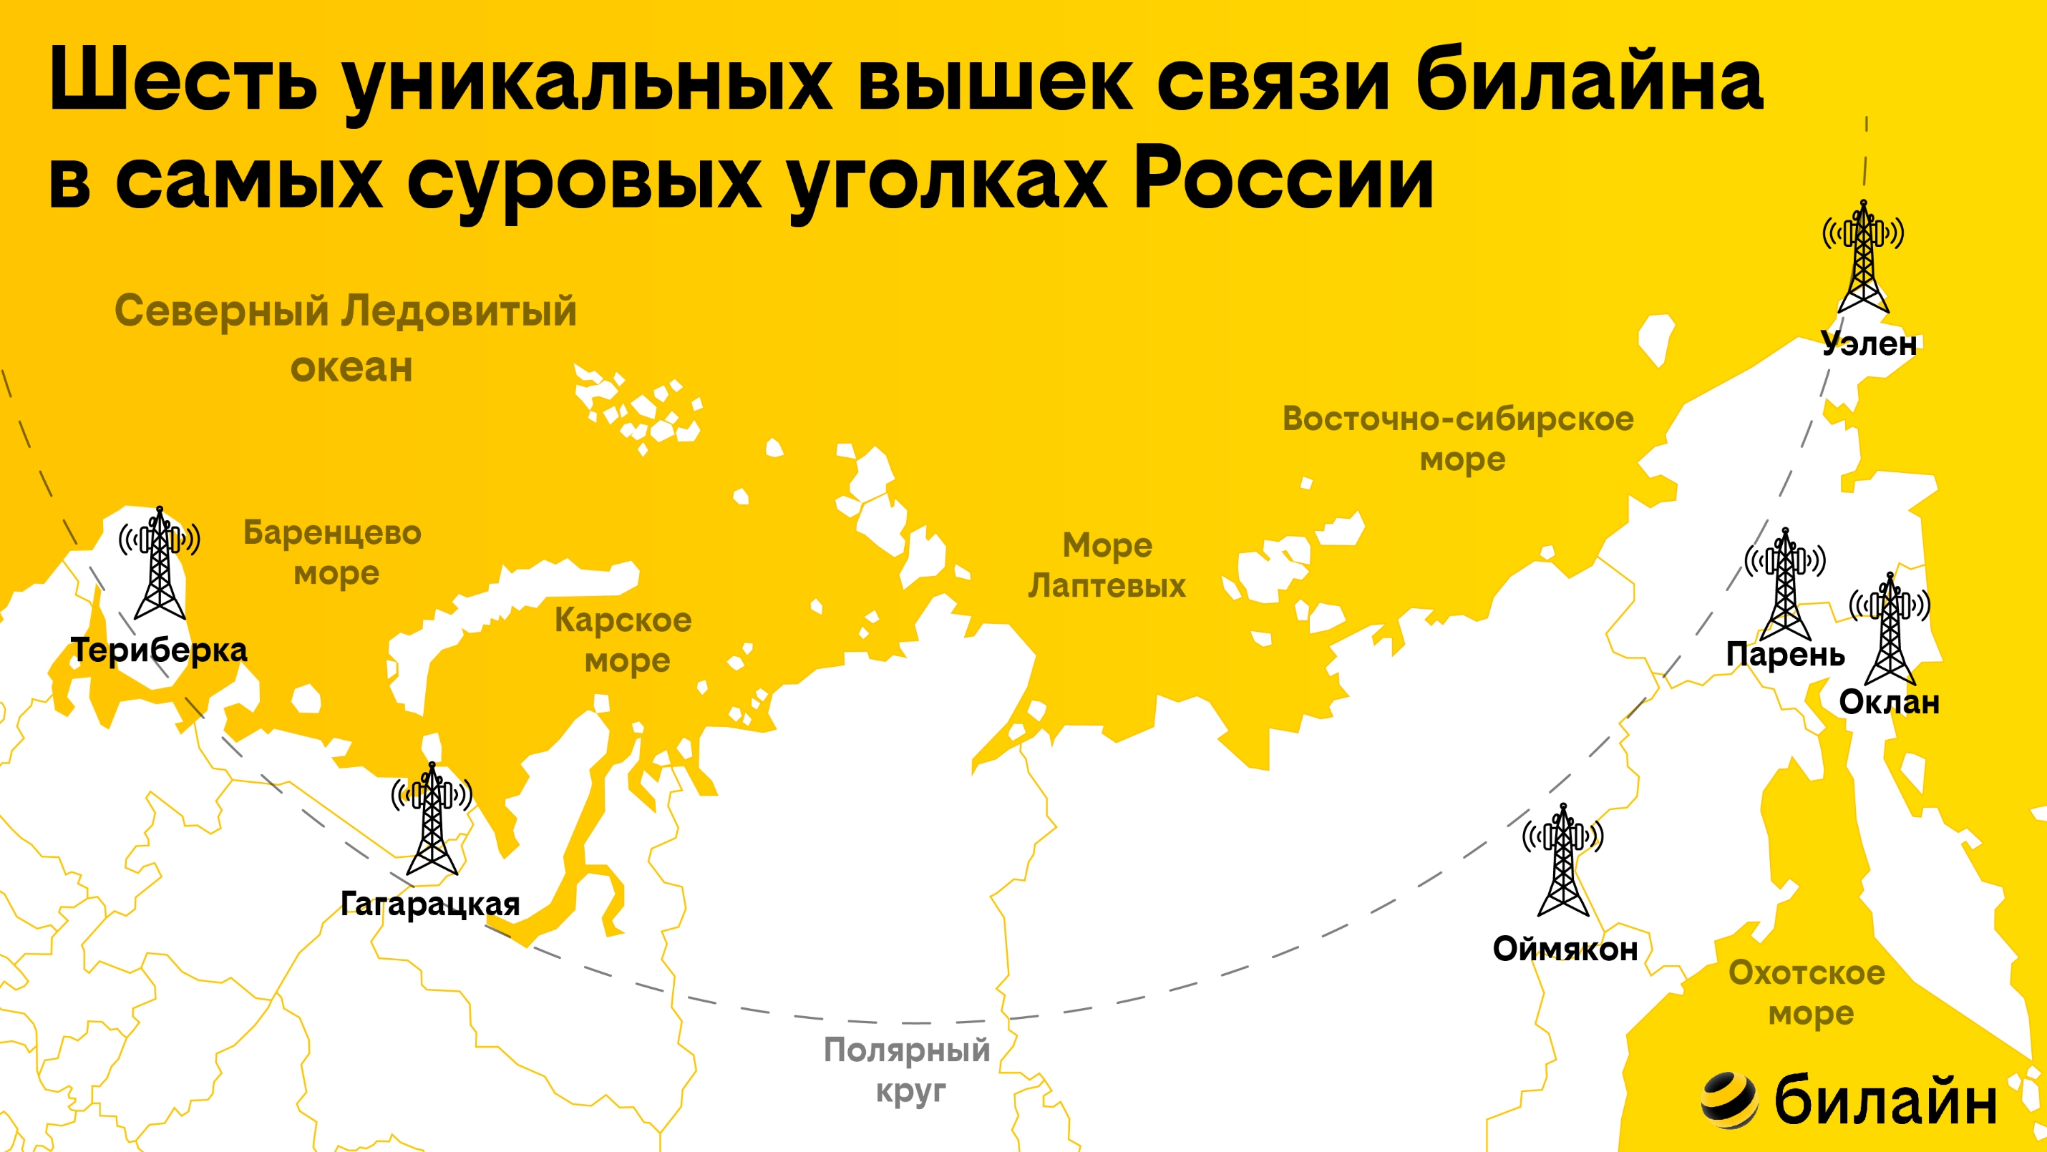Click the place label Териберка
point(159,650)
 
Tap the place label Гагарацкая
point(430,904)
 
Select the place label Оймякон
point(1565,950)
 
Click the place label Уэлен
point(1869,344)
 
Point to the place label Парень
point(1785,655)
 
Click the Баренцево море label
point(333,552)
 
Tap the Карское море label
point(624,640)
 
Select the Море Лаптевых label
point(1107,565)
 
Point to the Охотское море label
point(1807,993)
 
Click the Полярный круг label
point(908,1070)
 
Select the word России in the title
point(1283,179)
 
